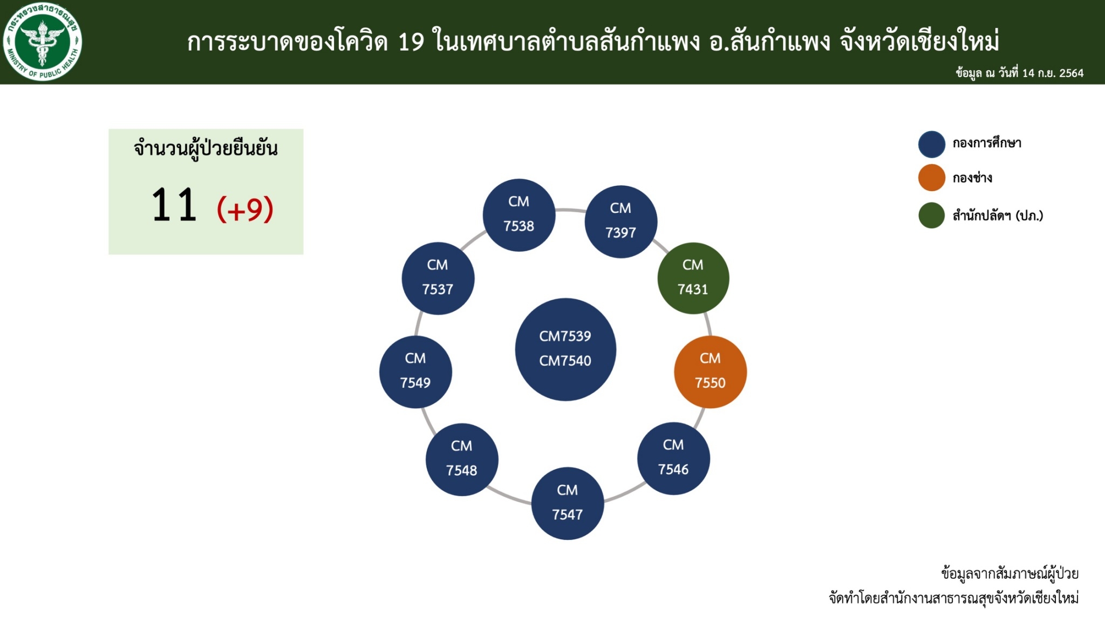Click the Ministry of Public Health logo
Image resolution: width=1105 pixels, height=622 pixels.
[43, 42]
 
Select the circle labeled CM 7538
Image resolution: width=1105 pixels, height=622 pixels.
[519, 215]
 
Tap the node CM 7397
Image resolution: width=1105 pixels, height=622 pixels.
[621, 221]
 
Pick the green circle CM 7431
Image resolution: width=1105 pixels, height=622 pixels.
[693, 278]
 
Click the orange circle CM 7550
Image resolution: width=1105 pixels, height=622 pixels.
[711, 371]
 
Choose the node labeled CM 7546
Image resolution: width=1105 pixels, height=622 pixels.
[673, 458]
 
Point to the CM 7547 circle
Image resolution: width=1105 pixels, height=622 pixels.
[568, 503]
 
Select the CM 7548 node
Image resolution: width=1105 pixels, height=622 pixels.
[462, 459]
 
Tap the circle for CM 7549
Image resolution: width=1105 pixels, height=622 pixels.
[415, 371]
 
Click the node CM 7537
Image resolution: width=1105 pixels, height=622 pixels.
[438, 278]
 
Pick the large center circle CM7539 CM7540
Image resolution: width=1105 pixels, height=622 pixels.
[565, 349]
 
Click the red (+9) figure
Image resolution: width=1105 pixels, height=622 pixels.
[245, 209]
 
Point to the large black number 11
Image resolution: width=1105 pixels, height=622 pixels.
[174, 205]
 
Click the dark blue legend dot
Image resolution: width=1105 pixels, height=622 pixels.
[932, 144]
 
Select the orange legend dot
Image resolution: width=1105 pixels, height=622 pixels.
[932, 178]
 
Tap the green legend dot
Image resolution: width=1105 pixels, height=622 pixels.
[932, 215]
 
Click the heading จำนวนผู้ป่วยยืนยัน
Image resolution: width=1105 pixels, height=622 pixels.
[206, 148]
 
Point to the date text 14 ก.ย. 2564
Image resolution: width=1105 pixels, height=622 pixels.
[1053, 73]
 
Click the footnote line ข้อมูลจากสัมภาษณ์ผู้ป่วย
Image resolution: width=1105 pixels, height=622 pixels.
[1009, 573]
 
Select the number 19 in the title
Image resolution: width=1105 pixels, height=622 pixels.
[411, 42]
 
